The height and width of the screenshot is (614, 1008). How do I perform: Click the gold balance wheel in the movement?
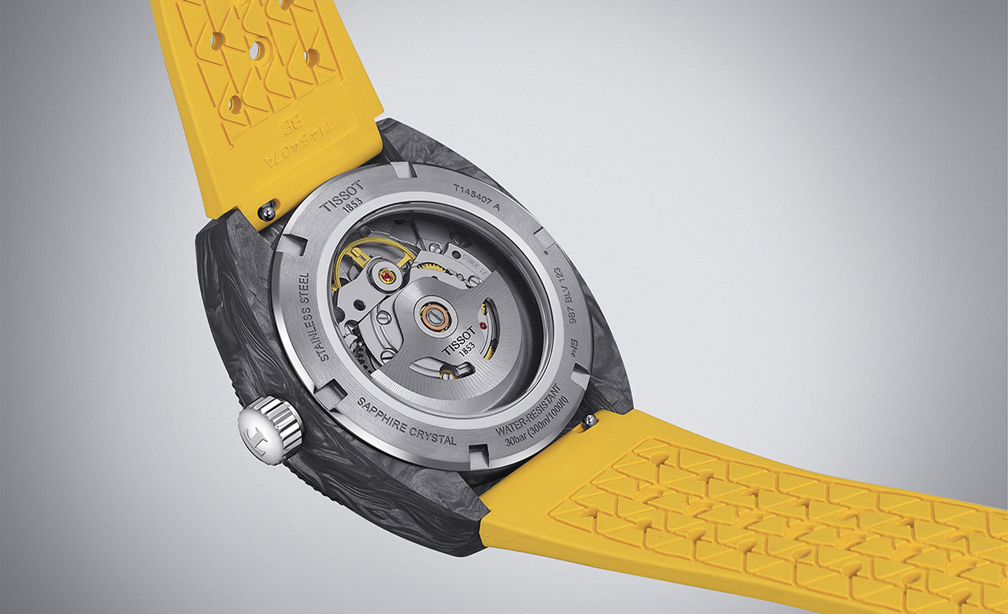(370, 260)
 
